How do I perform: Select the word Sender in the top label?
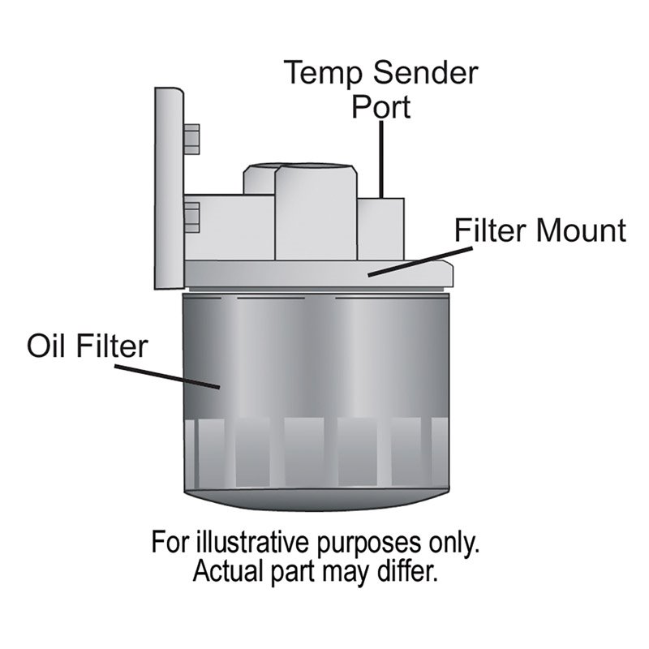click(426, 75)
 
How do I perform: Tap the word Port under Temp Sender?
click(380, 108)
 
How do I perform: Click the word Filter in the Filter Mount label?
click(486, 230)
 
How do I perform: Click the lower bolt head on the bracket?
click(192, 214)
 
